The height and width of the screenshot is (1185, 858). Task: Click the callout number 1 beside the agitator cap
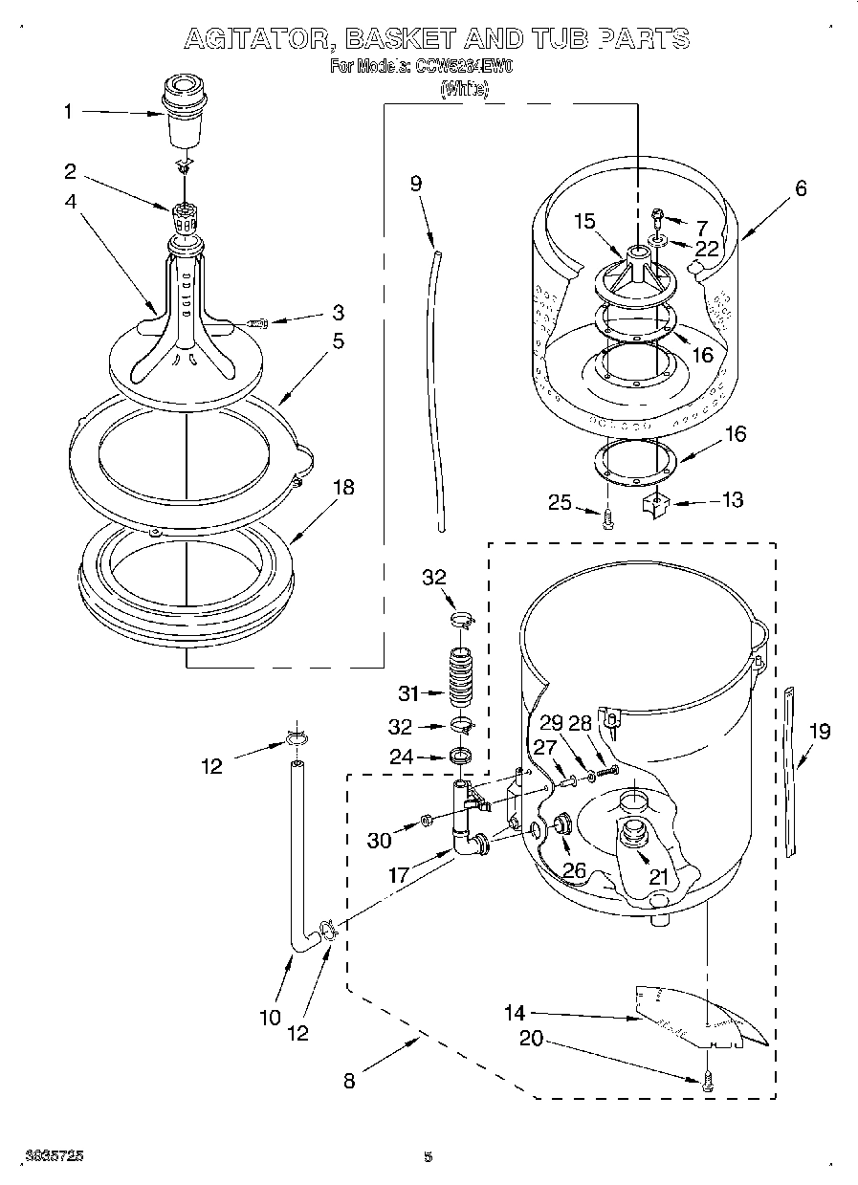(68, 112)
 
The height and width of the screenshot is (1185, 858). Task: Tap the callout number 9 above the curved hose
(416, 184)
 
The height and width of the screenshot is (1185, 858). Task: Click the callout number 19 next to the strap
(819, 732)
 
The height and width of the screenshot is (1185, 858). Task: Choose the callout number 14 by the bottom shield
(516, 1012)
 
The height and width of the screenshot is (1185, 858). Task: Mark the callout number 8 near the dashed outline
(350, 1081)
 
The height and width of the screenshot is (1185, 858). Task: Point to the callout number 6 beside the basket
(800, 188)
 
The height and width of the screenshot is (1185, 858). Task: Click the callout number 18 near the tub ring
(342, 488)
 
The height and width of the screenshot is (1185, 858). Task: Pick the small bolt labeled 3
(256, 323)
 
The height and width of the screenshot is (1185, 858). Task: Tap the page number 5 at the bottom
(429, 1156)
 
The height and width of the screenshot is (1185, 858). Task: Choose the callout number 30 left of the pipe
(380, 841)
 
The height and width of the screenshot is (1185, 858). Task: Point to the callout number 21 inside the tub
(658, 875)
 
